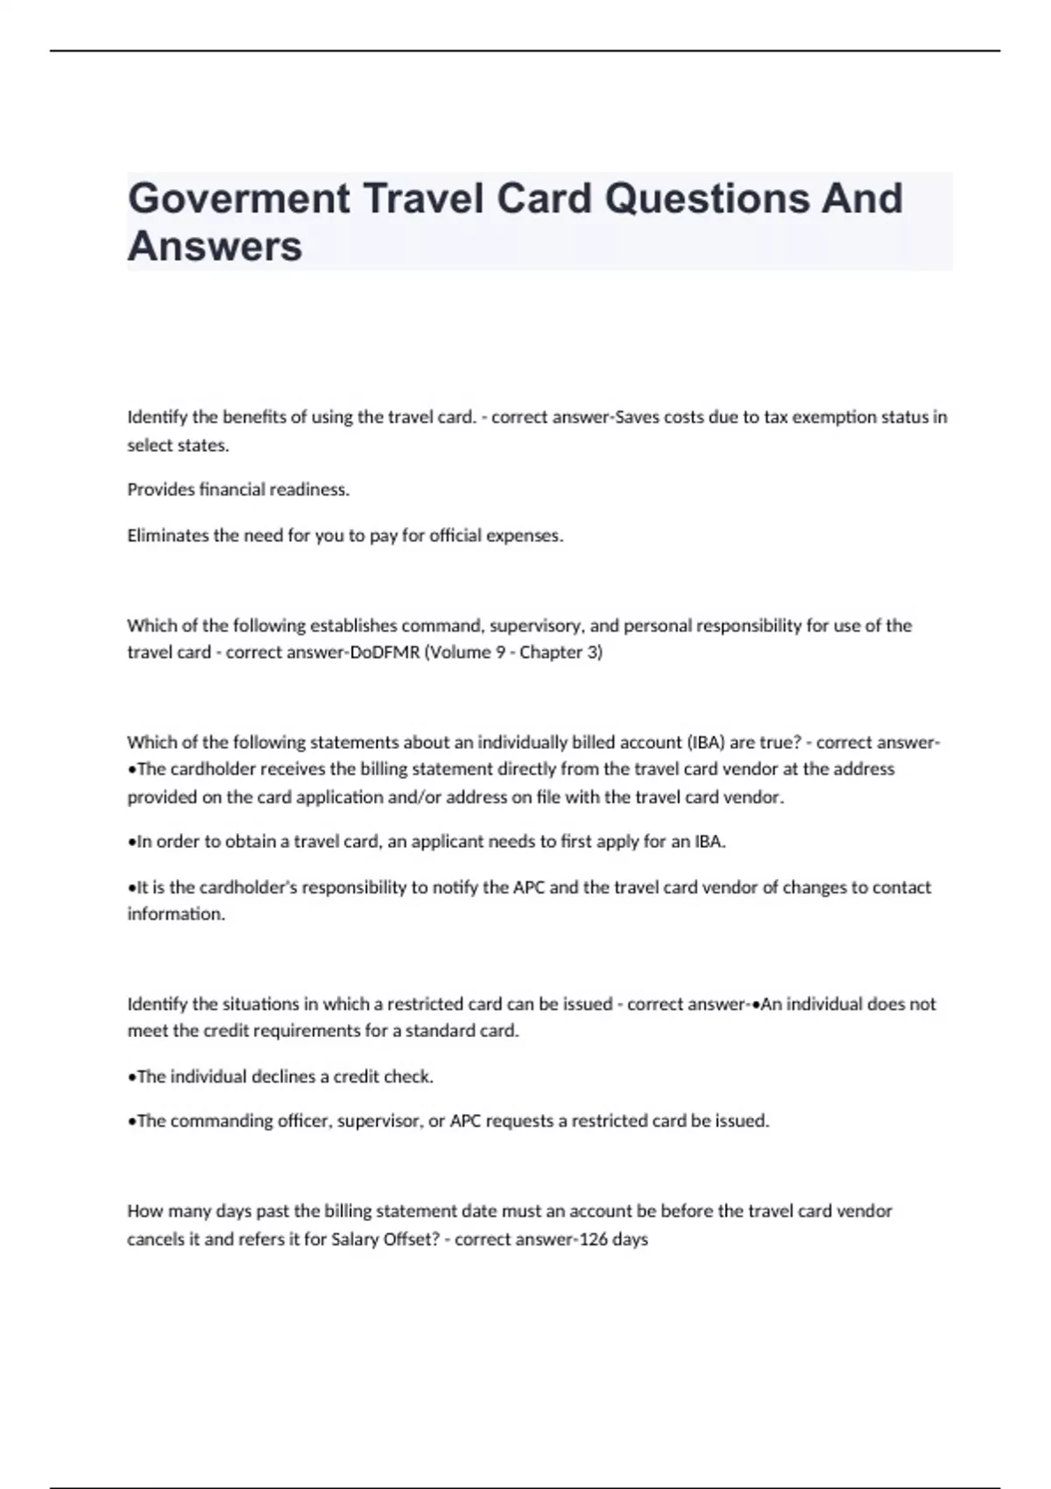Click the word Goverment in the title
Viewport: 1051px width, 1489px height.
(x=239, y=199)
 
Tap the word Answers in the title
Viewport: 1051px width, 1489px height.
(x=215, y=246)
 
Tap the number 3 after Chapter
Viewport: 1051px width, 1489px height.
(x=592, y=653)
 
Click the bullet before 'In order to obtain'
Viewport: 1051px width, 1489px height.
(x=131, y=842)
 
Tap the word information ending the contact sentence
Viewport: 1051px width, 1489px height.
(x=175, y=914)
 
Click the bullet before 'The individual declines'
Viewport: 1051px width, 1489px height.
(x=131, y=1076)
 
